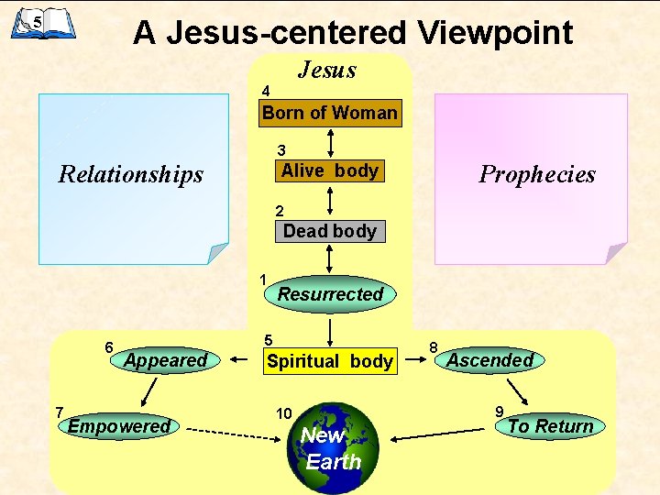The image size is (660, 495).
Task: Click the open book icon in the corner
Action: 42,22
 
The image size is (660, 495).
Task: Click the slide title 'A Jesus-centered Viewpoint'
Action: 353,33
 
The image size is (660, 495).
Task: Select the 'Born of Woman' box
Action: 330,114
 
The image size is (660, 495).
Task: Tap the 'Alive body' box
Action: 330,171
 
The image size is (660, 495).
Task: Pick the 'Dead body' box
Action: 330,231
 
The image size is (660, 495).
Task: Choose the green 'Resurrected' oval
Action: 330,294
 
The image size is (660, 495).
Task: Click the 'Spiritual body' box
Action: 330,361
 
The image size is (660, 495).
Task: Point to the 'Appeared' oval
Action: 166,360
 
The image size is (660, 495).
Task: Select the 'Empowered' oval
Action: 119,425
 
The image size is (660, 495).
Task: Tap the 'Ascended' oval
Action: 489,360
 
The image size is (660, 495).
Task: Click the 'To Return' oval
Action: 550,425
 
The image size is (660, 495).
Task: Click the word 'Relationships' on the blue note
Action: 131,174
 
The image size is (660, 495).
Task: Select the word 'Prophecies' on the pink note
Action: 537,174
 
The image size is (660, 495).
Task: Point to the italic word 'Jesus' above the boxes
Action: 327,70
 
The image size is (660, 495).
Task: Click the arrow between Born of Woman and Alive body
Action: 330,142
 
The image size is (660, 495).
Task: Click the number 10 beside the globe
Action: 283,414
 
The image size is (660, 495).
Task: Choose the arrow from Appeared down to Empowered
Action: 146,391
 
